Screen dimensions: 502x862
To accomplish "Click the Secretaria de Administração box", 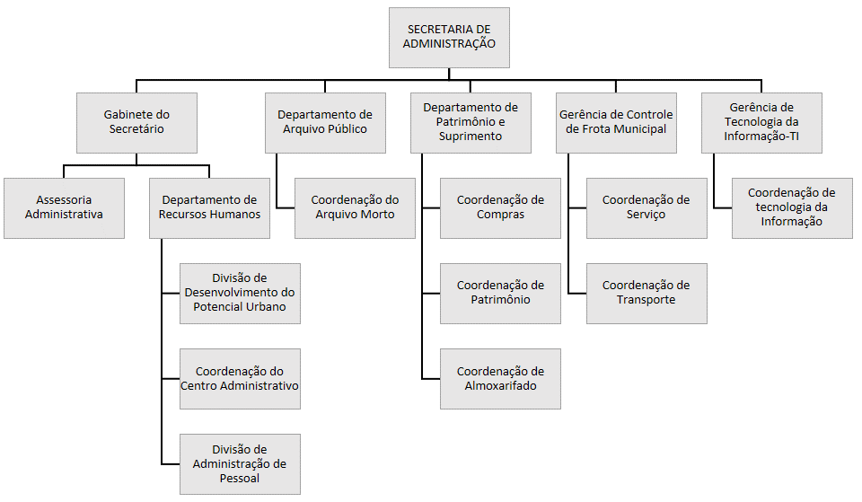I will [449, 38].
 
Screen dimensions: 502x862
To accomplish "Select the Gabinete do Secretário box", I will [136, 122].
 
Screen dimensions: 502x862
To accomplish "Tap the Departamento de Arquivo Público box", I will [324, 122].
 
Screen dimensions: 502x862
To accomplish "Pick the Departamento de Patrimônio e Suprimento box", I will [471, 122].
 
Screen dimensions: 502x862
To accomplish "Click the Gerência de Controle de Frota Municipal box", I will [616, 122].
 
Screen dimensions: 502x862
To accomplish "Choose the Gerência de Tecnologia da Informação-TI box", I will [761, 122].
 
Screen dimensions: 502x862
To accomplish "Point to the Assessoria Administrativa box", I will [64, 207].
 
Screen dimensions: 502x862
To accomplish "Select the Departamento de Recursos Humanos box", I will [209, 207].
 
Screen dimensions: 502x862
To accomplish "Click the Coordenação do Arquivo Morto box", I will [355, 207].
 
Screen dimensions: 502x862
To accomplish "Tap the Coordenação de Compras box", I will [500, 207].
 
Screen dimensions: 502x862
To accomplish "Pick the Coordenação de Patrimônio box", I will [500, 293].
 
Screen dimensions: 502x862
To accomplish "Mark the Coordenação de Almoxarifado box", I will [500, 378].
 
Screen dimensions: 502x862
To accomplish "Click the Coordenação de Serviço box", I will [646, 207].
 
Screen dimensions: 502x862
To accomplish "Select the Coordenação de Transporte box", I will [646, 293].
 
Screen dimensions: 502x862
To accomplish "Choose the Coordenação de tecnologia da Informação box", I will [792, 207].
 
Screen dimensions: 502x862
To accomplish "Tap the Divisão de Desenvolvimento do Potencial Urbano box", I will [240, 293].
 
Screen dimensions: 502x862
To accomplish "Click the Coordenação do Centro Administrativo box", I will [240, 378].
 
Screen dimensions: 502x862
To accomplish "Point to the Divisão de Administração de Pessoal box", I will [240, 463].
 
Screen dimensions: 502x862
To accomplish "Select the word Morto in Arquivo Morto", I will [376, 215].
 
